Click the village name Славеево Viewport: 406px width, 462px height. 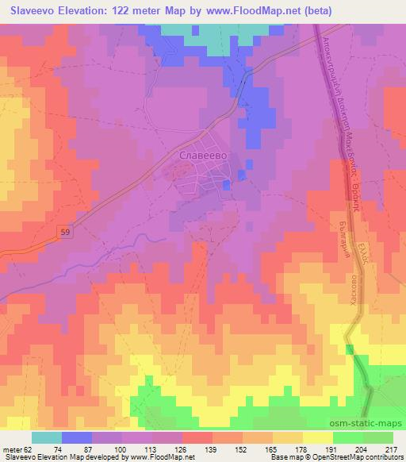(205, 157)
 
